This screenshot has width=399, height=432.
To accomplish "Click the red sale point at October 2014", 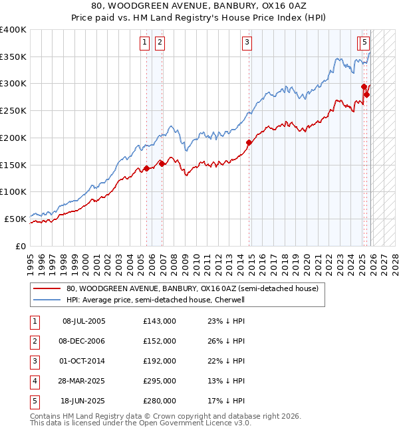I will [249, 142].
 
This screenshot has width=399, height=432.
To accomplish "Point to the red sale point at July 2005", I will [146, 169].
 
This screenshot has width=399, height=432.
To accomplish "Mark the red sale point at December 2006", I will [162, 163].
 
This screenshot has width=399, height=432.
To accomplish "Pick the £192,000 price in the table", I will [160, 361].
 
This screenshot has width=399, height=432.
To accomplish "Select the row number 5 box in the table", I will [34, 401].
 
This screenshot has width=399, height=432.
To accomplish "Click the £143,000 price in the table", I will [160, 321].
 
